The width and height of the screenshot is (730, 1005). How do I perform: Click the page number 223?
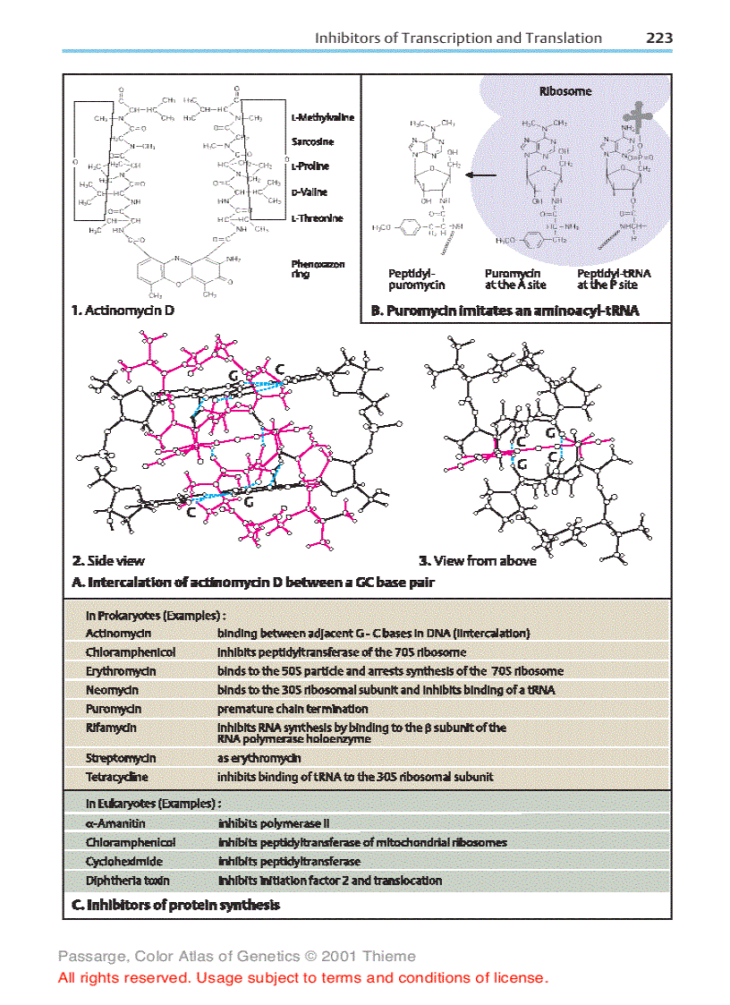(x=659, y=38)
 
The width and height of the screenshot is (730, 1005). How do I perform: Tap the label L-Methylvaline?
(x=322, y=117)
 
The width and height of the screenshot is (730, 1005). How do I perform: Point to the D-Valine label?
(x=309, y=192)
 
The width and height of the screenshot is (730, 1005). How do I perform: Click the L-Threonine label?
(x=317, y=217)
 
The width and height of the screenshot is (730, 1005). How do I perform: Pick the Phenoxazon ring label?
(x=318, y=268)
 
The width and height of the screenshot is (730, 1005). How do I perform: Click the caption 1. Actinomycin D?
(x=123, y=311)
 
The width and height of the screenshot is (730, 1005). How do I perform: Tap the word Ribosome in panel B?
(x=564, y=91)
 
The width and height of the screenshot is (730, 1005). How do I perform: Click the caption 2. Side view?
(x=108, y=561)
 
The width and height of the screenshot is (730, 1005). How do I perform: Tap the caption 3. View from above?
(x=478, y=561)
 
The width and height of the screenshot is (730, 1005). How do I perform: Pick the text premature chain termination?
(x=292, y=708)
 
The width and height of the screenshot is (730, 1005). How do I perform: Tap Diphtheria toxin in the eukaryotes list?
(x=127, y=880)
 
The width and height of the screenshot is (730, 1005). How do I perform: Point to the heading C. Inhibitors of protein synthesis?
(x=175, y=905)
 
